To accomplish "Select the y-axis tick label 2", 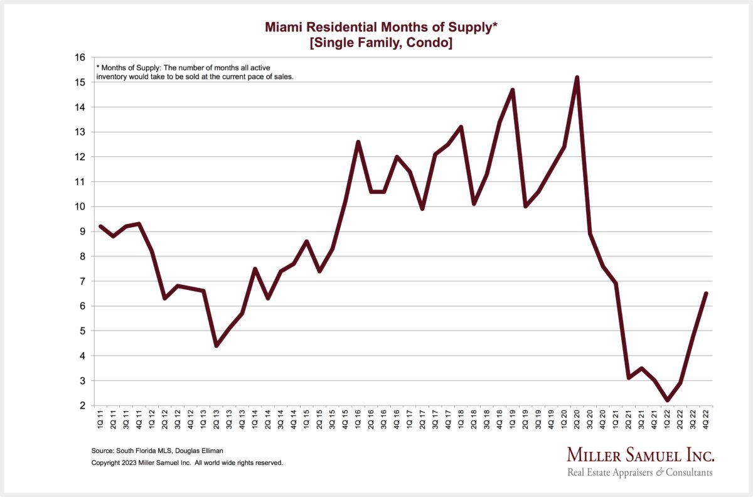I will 82,405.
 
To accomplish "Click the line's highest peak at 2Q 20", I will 577,78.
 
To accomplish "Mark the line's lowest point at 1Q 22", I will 668,400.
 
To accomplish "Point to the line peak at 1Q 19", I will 513,90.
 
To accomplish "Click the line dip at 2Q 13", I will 216,346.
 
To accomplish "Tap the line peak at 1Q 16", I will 358,142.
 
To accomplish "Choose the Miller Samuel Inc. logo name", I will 640,455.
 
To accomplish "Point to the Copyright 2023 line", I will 187,462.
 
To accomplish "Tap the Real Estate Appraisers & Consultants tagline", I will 640,473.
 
